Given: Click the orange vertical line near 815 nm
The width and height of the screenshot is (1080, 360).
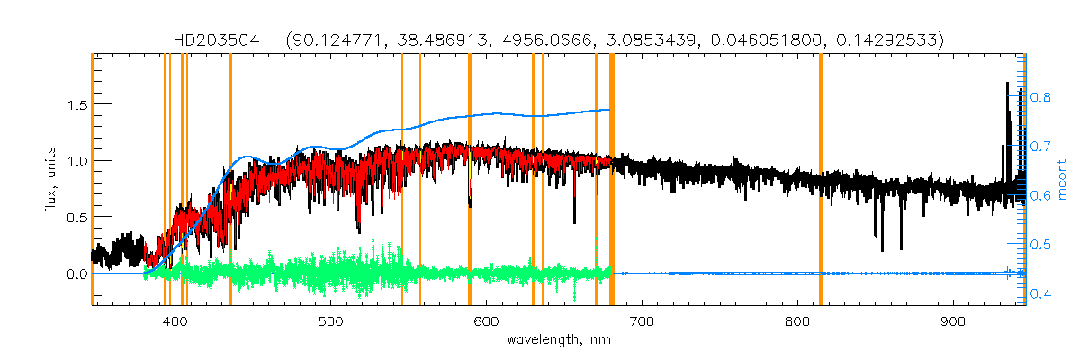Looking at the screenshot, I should click(x=821, y=180).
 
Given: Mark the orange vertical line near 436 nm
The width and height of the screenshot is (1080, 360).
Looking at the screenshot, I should click(x=230, y=180).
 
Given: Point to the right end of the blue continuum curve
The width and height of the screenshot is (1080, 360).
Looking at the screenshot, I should click(x=610, y=110).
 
